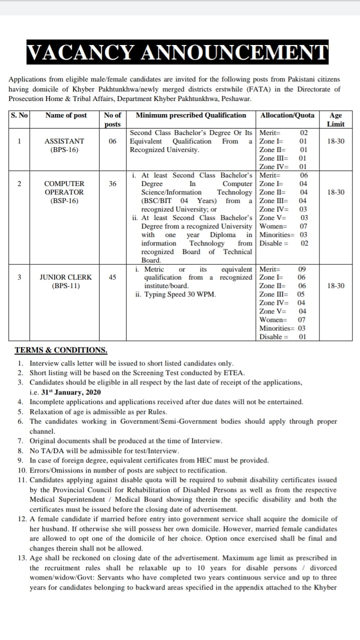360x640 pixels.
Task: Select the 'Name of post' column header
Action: [x=66, y=115]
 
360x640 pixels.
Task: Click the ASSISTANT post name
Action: [x=64, y=141]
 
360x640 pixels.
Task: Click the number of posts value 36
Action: [x=112, y=183]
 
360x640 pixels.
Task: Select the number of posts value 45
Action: [x=112, y=277]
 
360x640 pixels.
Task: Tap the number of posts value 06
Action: [x=112, y=141]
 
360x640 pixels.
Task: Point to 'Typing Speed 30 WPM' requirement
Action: [x=180, y=294]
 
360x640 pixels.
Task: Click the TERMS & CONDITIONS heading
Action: [x=61, y=350]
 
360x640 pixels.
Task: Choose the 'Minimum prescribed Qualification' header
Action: [x=191, y=115]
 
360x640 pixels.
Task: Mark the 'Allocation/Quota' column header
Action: [x=287, y=115]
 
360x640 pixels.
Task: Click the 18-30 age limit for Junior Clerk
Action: [x=335, y=286]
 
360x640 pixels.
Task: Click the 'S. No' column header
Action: [x=19, y=115]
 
